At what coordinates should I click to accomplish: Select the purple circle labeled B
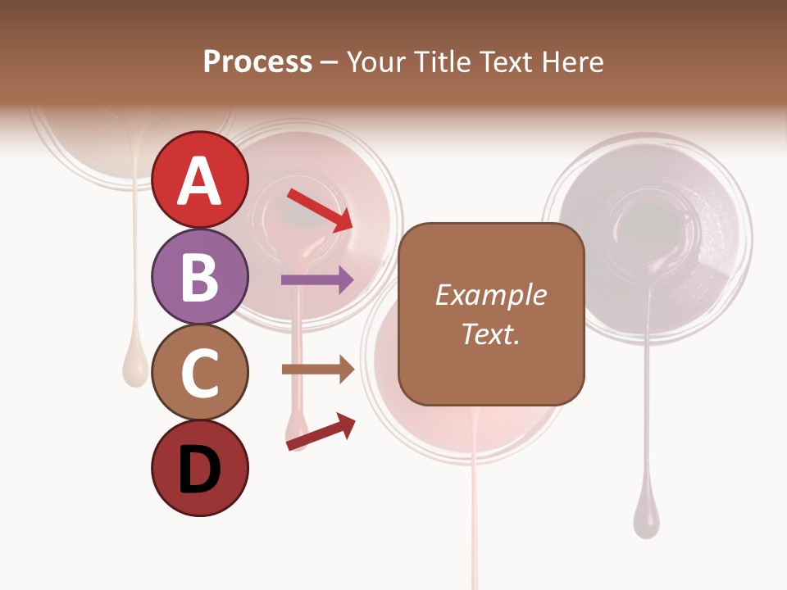point(200,276)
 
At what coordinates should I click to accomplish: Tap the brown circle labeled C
point(200,373)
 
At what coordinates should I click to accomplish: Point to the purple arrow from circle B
point(316,280)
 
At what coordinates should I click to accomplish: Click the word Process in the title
point(257,61)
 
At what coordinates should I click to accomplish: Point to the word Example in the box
point(490,295)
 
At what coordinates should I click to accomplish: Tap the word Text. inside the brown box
point(490,334)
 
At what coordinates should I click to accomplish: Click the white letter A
point(200,181)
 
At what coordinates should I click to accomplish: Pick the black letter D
point(200,470)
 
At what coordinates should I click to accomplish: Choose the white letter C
point(200,373)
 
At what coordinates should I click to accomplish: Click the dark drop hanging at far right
point(646,520)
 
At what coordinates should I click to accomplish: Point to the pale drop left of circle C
point(134,367)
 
